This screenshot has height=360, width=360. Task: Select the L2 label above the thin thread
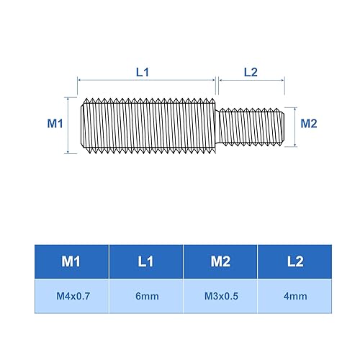pyautogui.click(x=251, y=72)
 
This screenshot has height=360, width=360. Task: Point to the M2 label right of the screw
pyautogui.click(x=309, y=124)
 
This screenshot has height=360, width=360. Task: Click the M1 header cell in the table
pyautogui.click(x=71, y=261)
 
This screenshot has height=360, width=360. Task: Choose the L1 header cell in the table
pyautogui.click(x=146, y=261)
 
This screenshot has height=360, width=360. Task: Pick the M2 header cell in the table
pyautogui.click(x=220, y=261)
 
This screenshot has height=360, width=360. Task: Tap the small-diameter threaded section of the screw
pyautogui.click(x=252, y=125)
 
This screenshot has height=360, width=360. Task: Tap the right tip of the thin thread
pyautogui.click(x=286, y=125)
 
